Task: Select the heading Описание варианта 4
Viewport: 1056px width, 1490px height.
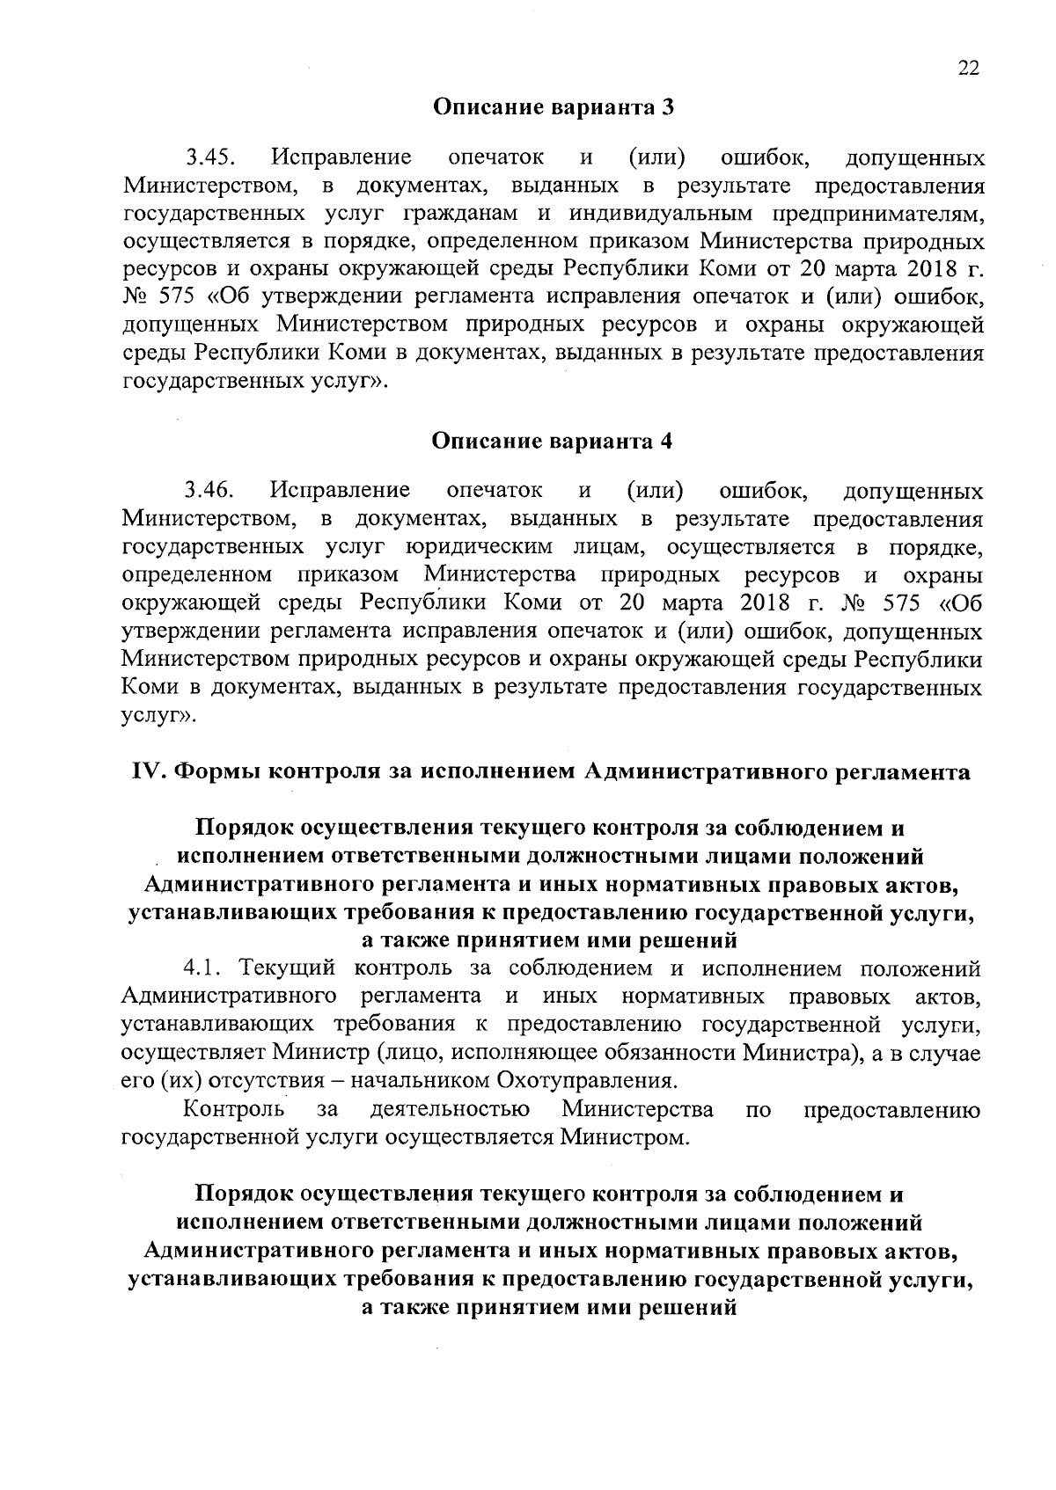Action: (553, 441)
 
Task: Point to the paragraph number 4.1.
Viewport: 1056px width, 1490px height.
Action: (205, 968)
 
